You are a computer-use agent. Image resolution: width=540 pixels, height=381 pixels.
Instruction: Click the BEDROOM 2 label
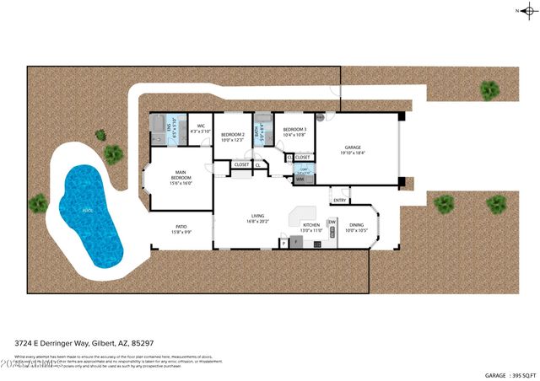point(232,137)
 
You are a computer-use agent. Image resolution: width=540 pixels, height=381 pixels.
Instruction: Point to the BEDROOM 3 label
point(294,131)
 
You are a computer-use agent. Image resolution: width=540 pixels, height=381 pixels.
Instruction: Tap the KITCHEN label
point(311,227)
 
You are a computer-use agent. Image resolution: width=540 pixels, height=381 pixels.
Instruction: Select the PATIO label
point(181,228)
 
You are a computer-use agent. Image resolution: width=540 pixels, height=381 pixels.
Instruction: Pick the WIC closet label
point(199,129)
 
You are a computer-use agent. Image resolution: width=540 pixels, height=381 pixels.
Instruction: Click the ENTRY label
point(339,200)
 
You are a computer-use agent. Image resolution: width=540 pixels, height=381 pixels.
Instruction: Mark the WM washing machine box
point(300,180)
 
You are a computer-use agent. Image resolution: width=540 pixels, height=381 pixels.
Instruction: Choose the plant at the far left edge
point(38,203)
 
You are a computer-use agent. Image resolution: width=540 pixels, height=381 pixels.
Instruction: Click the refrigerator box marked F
point(284,244)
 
